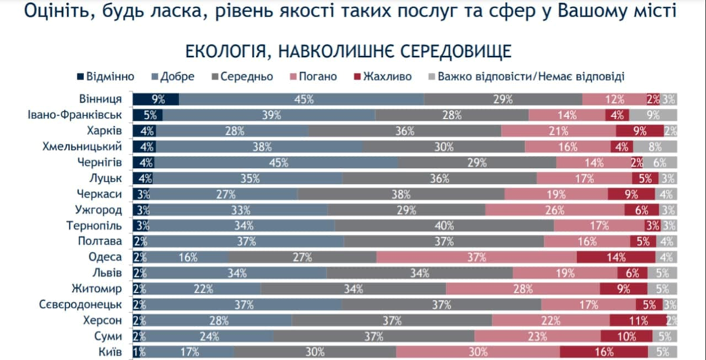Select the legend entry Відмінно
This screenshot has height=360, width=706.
click(x=110, y=76)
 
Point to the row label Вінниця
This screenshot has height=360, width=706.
click(x=101, y=99)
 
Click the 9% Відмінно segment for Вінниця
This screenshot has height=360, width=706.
click(x=156, y=99)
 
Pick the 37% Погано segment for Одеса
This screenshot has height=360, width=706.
click(x=476, y=257)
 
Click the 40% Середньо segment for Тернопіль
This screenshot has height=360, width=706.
click(x=444, y=225)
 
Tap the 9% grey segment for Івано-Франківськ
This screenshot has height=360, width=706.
click(x=653, y=115)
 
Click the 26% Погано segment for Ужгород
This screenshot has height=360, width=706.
click(x=555, y=209)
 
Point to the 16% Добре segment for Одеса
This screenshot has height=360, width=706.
click(x=188, y=257)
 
